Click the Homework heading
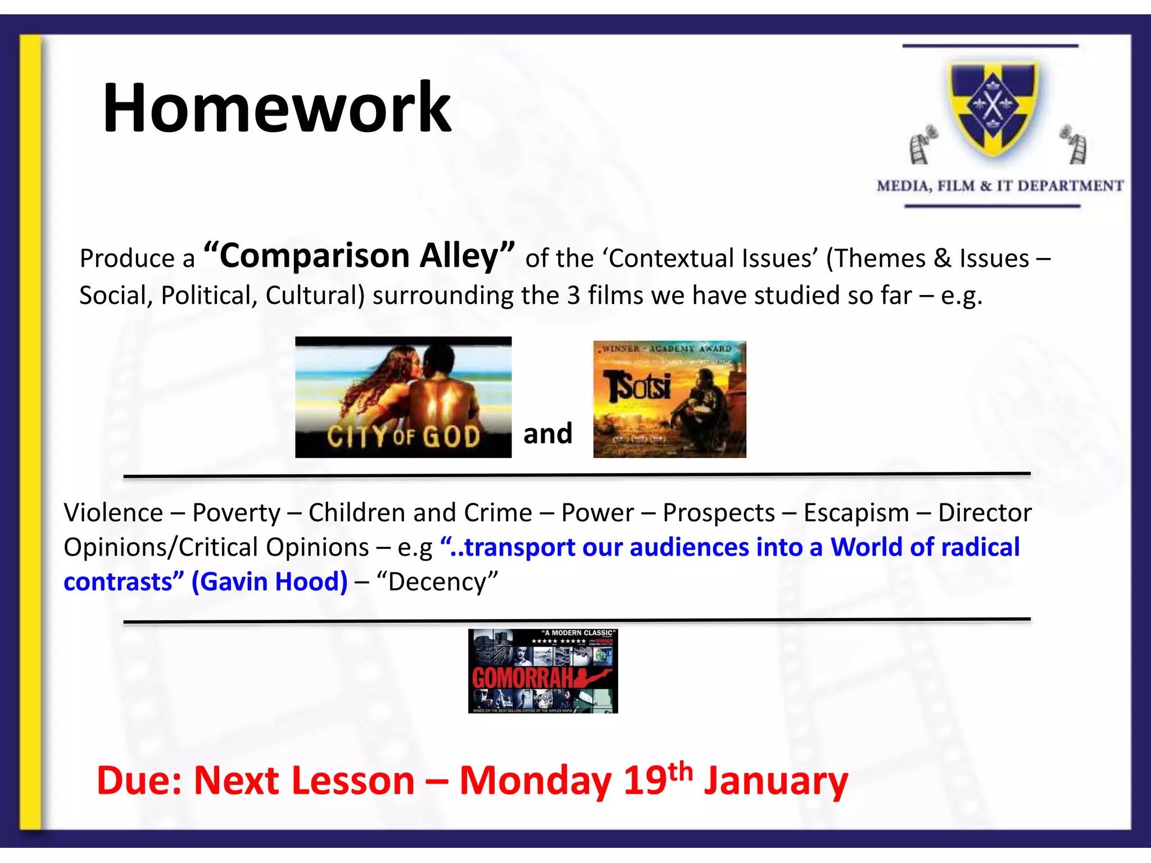tap(277, 108)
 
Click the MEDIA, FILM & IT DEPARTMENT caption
tap(1000, 186)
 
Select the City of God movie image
tap(403, 397)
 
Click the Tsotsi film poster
tap(669, 399)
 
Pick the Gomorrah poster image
tap(543, 671)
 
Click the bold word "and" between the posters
tap(547, 434)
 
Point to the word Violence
tap(113, 512)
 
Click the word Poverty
tap(236, 512)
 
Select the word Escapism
tap(856, 512)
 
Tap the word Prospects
tap(718, 512)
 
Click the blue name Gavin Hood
tap(270, 582)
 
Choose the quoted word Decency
tap(437, 582)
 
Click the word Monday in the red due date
tap(535, 781)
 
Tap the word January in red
tap(776, 781)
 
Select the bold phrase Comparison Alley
tap(360, 256)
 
